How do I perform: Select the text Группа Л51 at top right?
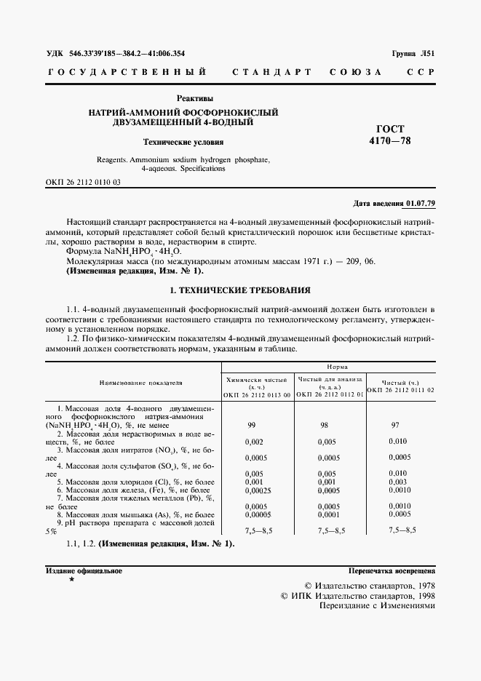pos(413,54)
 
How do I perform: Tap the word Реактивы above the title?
pos(195,98)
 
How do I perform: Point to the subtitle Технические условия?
pos(183,143)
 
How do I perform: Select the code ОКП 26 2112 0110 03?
pos(84,181)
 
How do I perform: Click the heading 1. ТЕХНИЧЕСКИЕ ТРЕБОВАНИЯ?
pos(239,290)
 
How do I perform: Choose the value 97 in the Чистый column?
pos(395,424)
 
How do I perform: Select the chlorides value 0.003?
pos(397,482)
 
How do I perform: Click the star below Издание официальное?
pos(71,579)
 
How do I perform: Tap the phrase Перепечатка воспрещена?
pos(391,571)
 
